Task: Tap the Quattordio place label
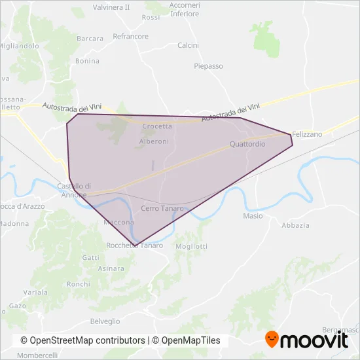tap(247, 143)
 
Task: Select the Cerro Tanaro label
tap(162, 208)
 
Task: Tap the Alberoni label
tap(154, 141)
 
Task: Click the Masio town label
tap(253, 216)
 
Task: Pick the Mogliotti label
tap(192, 246)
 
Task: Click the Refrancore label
tap(130, 37)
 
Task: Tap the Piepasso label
tap(208, 66)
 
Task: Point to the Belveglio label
tap(105, 321)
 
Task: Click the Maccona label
tap(118, 223)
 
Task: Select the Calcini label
tap(188, 45)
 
